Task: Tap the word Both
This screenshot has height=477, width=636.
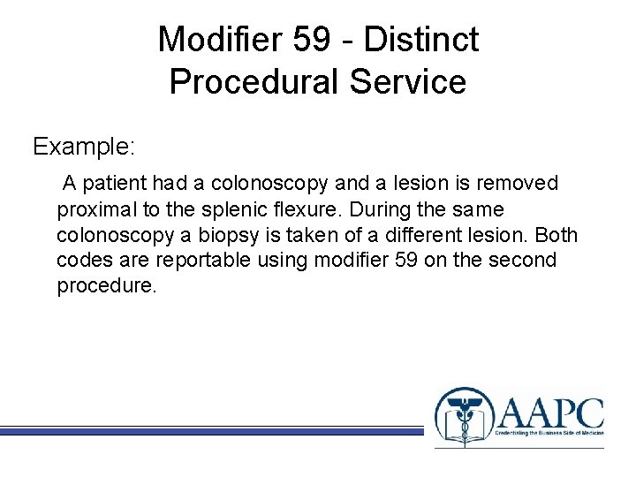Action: point(557,236)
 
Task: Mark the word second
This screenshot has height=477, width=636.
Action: point(525,261)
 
